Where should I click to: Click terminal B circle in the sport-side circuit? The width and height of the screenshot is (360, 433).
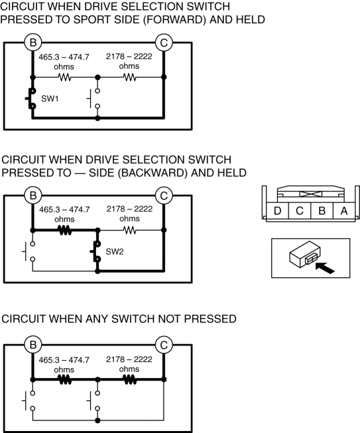pyautogui.click(x=33, y=42)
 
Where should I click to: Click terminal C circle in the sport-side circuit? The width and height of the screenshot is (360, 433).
pyautogui.click(x=164, y=42)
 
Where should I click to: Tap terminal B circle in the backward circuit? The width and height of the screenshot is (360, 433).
pyautogui.click(x=33, y=196)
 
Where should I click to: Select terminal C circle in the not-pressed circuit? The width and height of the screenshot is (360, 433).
pyautogui.click(x=164, y=345)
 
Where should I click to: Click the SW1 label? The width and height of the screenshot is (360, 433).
pyautogui.click(x=50, y=99)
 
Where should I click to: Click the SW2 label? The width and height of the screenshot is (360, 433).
pyautogui.click(x=115, y=251)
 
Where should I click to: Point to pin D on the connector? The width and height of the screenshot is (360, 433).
pyautogui.click(x=277, y=211)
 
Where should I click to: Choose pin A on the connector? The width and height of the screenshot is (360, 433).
pyautogui.click(x=344, y=211)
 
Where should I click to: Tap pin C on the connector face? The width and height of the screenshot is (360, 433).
pyautogui.click(x=300, y=211)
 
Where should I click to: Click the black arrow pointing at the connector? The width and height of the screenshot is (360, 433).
pyautogui.click(x=325, y=267)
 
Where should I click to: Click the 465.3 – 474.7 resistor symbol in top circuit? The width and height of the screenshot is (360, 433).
pyautogui.click(x=65, y=78)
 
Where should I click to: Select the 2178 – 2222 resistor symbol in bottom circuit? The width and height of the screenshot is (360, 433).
pyautogui.click(x=130, y=380)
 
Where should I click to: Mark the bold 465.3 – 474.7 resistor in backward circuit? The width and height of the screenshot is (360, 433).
pyautogui.click(x=65, y=230)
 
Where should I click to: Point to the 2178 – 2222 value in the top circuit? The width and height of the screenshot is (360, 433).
pyautogui.click(x=129, y=56)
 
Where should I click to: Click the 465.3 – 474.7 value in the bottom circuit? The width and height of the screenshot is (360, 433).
pyautogui.click(x=64, y=360)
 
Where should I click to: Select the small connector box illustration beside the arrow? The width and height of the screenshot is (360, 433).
pyautogui.click(x=305, y=255)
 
